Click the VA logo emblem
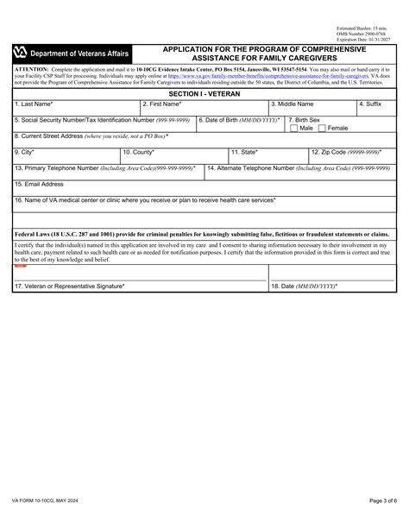[21, 54]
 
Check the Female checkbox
[322, 129]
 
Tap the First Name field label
[162, 104]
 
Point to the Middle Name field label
[293, 104]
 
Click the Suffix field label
[370, 104]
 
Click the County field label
[139, 152]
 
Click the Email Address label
[39, 184]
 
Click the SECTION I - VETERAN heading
[204, 91]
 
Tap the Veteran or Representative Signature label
[70, 286]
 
